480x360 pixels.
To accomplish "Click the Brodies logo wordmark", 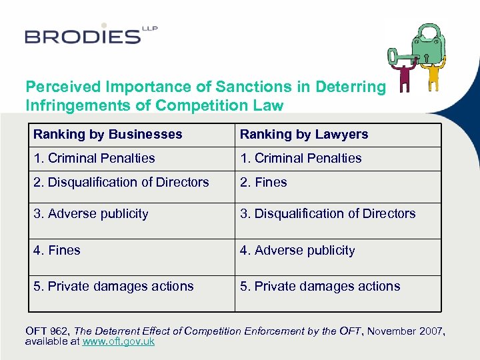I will tap(83, 36).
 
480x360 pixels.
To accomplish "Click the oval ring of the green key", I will tap(395, 55).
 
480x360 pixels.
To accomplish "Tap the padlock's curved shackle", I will tap(427, 30).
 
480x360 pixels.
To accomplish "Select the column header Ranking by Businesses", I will tap(108, 134).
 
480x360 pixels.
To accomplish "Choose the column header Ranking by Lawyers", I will tap(304, 134).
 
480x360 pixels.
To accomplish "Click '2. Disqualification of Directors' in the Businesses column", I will tap(121, 182).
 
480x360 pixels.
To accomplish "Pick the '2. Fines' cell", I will tap(263, 182).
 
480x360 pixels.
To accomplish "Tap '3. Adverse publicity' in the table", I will tap(91, 213).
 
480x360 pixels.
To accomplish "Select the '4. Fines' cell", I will tap(57, 250).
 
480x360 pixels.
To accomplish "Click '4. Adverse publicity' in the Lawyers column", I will tap(297, 250).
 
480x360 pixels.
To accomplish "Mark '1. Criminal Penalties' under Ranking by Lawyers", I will tap(301, 158).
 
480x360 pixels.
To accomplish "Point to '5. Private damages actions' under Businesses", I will tap(113, 286).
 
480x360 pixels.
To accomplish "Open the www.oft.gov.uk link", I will tap(118, 341).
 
